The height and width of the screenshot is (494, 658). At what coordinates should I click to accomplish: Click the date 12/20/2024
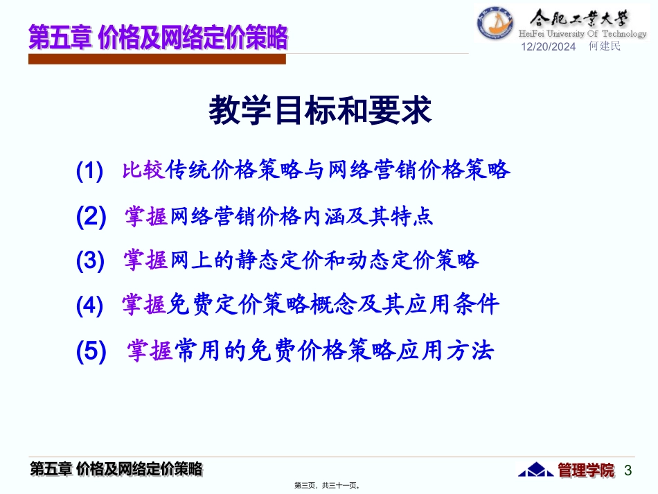click(548, 47)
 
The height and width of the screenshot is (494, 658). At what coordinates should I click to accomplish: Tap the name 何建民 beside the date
click(604, 46)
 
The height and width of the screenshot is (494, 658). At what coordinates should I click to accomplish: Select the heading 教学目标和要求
click(320, 110)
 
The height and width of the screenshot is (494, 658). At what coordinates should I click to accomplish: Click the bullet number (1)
click(90, 170)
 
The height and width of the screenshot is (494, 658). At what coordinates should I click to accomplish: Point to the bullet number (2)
click(91, 218)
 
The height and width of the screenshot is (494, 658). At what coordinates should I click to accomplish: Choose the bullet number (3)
click(91, 261)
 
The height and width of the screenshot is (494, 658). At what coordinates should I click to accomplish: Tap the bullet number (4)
click(90, 306)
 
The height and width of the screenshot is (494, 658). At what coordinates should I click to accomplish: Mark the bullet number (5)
click(91, 351)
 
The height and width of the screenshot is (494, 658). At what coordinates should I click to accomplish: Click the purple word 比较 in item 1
click(144, 170)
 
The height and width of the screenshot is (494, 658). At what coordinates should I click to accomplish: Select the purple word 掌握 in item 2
click(147, 217)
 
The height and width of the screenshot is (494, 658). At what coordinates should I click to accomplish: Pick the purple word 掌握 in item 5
click(150, 351)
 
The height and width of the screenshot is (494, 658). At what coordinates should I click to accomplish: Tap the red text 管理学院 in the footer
click(586, 470)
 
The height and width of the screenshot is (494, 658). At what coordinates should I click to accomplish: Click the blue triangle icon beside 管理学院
click(536, 470)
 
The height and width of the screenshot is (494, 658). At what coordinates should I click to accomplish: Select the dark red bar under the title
click(157, 60)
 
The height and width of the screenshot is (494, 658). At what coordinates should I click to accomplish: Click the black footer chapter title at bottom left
click(117, 469)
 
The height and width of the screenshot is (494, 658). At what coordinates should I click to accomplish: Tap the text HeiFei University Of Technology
click(583, 34)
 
